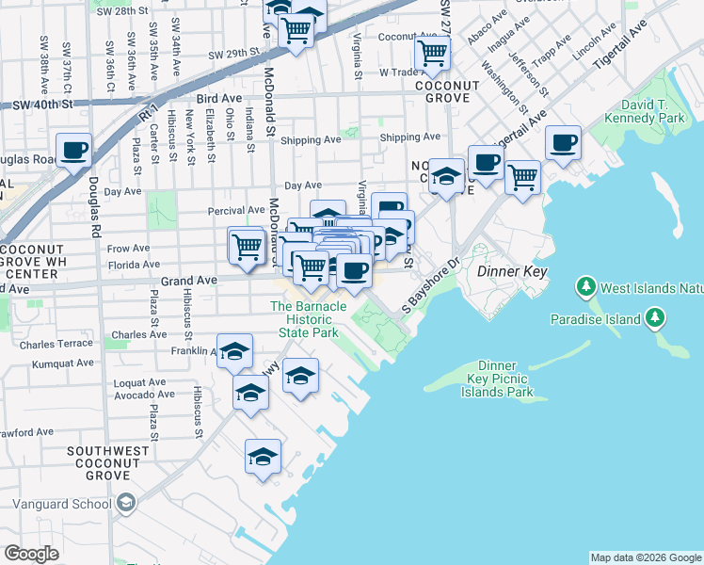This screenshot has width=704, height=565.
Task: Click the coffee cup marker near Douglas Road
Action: point(73,151)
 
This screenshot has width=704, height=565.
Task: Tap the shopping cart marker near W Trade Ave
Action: point(431,55)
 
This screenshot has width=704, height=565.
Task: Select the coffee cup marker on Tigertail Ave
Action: point(563,143)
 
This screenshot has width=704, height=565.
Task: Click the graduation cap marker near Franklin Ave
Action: point(235,352)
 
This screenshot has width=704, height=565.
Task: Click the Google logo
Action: point(31,554)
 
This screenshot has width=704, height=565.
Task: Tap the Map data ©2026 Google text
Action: point(645,557)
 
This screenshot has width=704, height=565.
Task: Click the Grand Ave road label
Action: point(189,280)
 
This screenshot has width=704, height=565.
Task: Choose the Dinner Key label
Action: point(512,271)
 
